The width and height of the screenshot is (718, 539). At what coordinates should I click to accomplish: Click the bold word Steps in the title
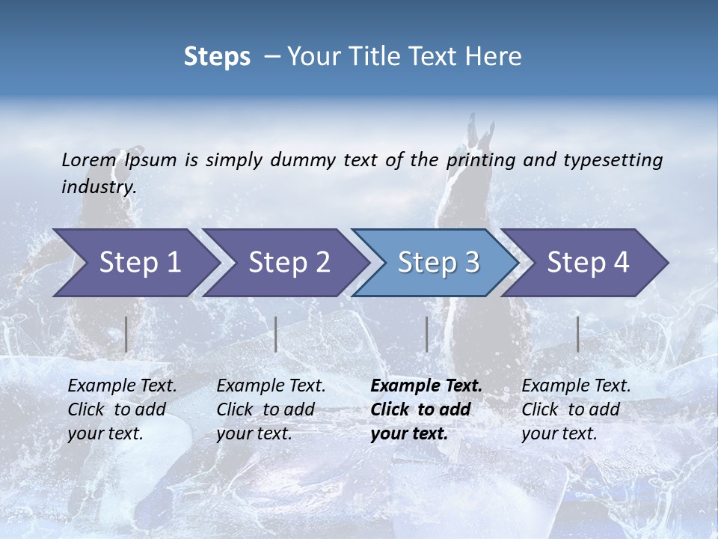[x=217, y=57]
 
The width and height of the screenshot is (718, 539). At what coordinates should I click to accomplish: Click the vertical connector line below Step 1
[x=126, y=334]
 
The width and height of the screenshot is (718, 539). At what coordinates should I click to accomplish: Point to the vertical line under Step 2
[x=276, y=334]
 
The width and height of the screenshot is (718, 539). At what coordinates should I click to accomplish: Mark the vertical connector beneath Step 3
[x=426, y=334]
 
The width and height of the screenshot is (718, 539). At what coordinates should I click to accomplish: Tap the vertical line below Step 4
[x=577, y=334]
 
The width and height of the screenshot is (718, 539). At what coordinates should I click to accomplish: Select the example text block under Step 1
[x=122, y=409]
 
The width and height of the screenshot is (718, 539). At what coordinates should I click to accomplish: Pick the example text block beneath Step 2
[x=271, y=409]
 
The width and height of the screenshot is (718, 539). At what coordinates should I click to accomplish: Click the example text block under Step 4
[x=576, y=409]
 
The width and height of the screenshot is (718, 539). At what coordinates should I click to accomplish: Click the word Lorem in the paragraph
[x=89, y=159]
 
